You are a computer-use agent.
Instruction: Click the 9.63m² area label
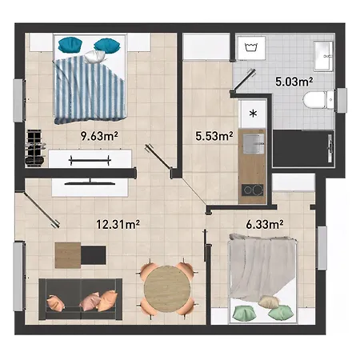click(99, 136)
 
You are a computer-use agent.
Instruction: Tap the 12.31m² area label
click(118, 224)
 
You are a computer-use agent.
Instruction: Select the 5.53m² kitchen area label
click(214, 136)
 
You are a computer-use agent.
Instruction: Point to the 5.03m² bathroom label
click(294, 82)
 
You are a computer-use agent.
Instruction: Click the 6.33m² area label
click(265, 224)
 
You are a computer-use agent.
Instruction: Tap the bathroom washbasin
click(323, 56)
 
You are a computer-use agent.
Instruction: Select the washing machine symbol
click(251, 47)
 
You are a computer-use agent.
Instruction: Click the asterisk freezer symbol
click(253, 114)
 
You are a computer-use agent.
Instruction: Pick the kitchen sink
click(254, 144)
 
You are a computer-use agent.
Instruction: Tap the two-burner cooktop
click(253, 190)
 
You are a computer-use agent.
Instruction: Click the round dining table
click(167, 289)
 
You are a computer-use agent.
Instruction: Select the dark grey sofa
click(81, 299)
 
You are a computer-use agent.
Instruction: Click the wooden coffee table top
click(68, 255)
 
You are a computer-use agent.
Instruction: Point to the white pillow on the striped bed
click(94, 56)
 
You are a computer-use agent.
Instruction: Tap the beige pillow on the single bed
click(269, 302)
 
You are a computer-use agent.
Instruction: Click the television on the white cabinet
click(90, 182)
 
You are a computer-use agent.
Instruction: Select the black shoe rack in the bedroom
click(34, 147)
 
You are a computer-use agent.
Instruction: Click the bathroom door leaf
click(244, 78)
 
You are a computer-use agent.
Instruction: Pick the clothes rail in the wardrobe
click(90, 160)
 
